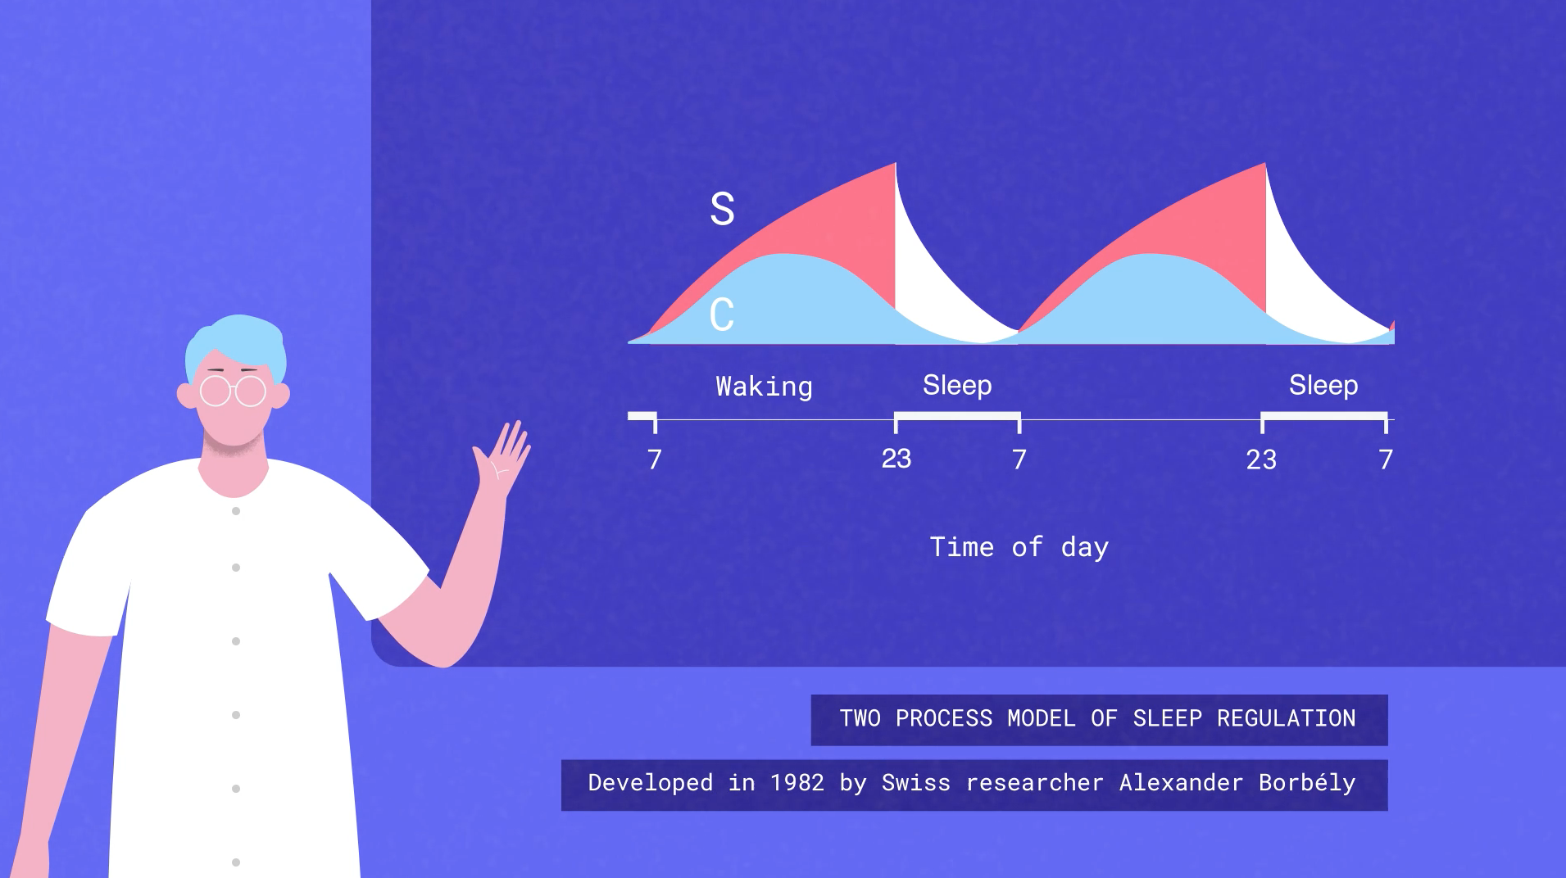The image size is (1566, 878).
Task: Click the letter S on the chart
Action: (722, 209)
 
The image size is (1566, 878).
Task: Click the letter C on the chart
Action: (722, 315)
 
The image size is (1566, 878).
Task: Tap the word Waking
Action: (764, 387)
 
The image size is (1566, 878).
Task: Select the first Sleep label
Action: (957, 385)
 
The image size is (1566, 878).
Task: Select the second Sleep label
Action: (1323, 385)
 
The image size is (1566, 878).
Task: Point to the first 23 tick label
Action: (896, 459)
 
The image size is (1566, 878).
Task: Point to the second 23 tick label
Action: (1261, 459)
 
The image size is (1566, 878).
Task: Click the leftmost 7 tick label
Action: (654, 459)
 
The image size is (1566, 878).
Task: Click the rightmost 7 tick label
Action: (1386, 459)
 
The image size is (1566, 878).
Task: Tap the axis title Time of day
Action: (1019, 547)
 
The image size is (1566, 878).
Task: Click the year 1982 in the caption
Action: (797, 783)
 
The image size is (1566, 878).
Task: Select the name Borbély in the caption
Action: (1307, 783)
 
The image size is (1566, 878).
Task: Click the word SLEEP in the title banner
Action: (1167, 718)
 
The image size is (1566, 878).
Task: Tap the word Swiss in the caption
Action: (916, 783)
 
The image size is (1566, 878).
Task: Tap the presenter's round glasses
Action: (234, 391)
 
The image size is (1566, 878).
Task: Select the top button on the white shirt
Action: (236, 511)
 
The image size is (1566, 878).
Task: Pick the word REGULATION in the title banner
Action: (1286, 718)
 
